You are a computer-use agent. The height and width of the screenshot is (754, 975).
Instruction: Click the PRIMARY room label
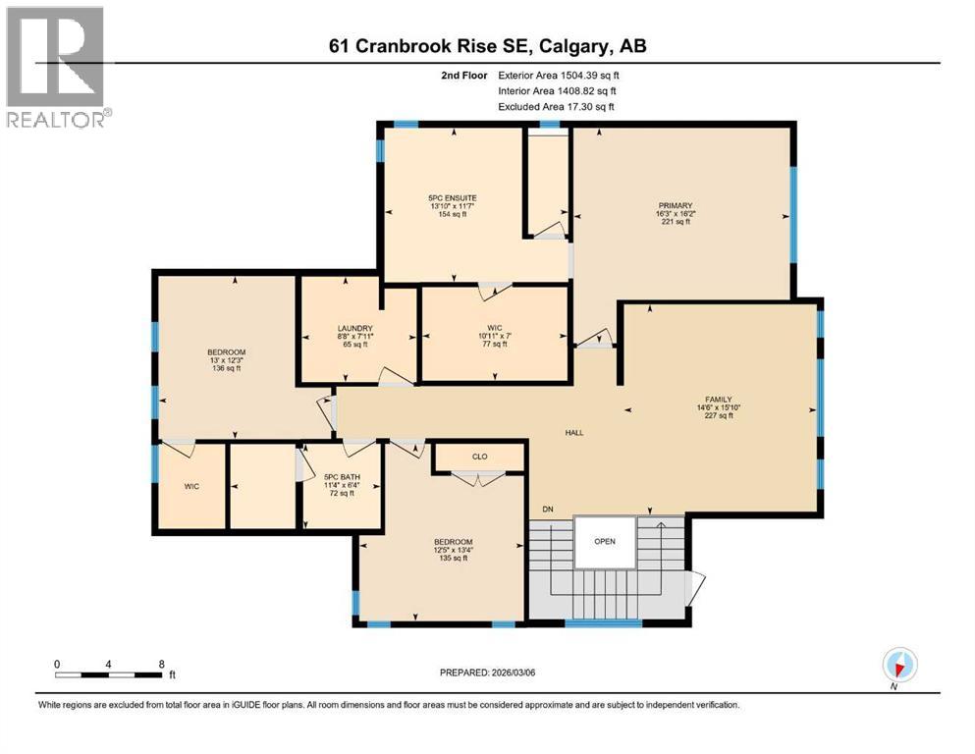coord(676,205)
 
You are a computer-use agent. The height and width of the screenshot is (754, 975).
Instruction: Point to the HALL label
coord(575,432)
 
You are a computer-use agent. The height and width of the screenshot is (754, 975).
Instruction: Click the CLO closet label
coord(480,457)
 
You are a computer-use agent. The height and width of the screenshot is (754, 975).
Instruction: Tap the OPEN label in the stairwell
coord(605,540)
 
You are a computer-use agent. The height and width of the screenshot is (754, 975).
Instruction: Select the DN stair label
coord(548,509)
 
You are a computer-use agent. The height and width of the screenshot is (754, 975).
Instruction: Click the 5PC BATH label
coord(341,475)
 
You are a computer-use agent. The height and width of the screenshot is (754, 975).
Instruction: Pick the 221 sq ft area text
coord(676,222)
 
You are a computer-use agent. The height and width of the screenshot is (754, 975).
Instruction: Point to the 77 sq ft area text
coord(494,344)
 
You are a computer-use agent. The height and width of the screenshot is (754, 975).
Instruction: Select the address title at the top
coord(487,46)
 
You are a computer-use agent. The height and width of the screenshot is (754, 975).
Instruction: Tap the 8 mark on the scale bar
coord(162,663)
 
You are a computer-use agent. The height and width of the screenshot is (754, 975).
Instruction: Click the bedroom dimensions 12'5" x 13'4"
coord(454,552)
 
